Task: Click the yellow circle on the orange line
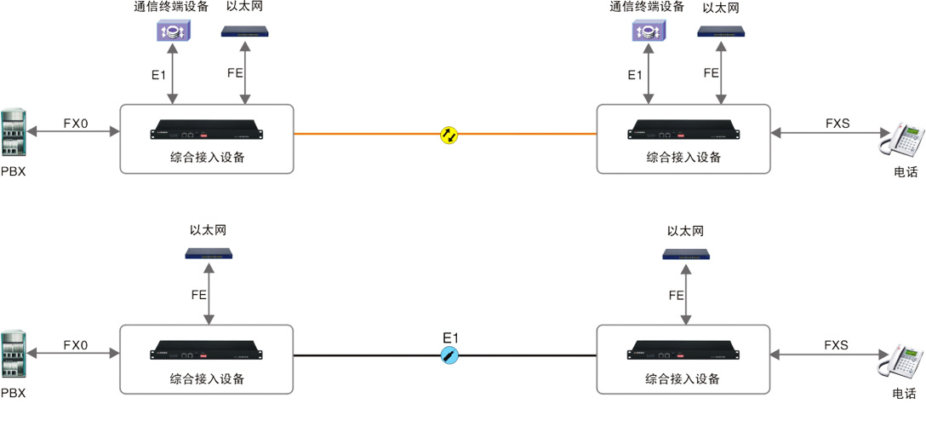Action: [x=449, y=134]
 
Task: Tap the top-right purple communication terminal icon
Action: [x=648, y=32]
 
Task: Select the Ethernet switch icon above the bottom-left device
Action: [x=209, y=253]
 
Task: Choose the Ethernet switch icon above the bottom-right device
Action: [x=686, y=253]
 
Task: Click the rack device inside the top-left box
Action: [x=207, y=133]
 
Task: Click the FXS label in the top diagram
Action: [x=837, y=124]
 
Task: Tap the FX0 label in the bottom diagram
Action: [x=76, y=345]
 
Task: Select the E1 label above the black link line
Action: [x=450, y=337]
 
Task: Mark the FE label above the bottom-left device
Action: [x=198, y=295]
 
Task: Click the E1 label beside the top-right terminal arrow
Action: [x=635, y=75]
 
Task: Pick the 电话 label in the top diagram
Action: [x=906, y=172]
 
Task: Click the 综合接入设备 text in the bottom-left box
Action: [x=207, y=378]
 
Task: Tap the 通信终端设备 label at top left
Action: [x=171, y=8]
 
